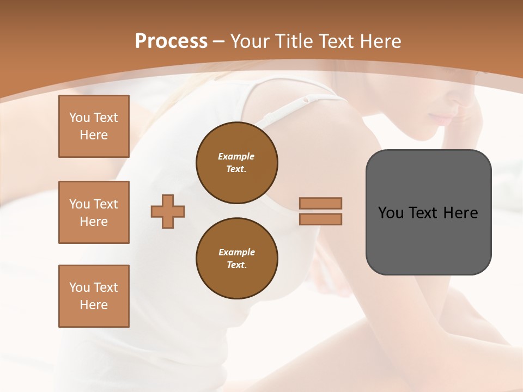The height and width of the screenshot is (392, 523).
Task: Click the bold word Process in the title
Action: click(171, 41)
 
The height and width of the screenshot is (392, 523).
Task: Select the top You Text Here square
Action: click(94, 126)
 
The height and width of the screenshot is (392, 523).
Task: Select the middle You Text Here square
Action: click(94, 212)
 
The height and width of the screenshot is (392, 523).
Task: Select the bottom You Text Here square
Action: click(94, 296)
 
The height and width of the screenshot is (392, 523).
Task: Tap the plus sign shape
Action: click(168, 211)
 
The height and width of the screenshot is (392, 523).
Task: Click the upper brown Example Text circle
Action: click(236, 163)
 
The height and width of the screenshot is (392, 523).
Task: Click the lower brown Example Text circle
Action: click(236, 259)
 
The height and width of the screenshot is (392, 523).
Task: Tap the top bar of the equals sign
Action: click(320, 203)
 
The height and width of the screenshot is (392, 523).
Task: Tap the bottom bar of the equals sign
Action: click(320, 219)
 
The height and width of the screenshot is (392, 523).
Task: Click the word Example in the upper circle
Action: click(236, 156)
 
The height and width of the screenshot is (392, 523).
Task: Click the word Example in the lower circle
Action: click(236, 252)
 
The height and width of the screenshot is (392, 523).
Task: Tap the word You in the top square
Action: click(80, 118)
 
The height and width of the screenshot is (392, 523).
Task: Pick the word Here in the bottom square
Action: click(94, 305)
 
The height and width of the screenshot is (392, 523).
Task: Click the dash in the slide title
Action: click(219, 41)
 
